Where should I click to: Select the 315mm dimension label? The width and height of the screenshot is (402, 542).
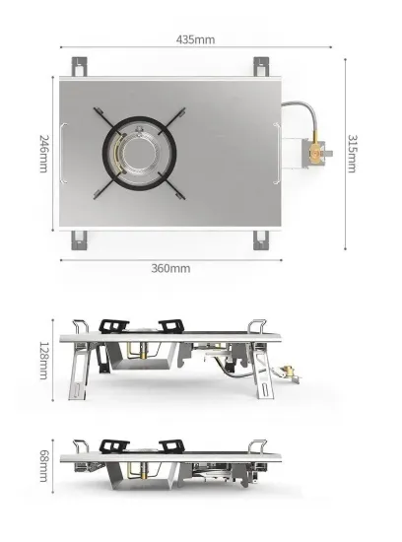pos(353,153)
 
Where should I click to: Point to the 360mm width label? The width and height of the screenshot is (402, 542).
pos(171,268)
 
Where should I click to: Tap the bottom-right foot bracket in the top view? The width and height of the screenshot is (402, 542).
pos(263,237)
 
